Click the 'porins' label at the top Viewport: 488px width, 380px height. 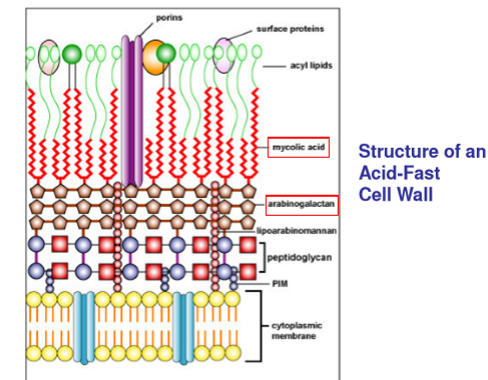[169, 18]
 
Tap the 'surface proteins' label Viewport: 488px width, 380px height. [290, 29]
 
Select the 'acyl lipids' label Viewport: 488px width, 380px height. [311, 65]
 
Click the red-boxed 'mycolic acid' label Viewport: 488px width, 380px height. [298, 147]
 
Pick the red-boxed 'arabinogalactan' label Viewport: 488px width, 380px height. [302, 204]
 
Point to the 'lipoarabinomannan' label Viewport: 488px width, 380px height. [296, 231]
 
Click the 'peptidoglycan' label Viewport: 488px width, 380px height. [299, 257]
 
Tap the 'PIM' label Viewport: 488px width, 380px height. [280, 284]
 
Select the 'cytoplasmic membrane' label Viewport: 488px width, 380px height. [297, 331]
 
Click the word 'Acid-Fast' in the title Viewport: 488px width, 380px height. [399, 173]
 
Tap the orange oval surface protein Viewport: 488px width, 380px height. [154, 57]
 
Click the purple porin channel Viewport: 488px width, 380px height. [132, 111]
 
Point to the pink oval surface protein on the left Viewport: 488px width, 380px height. [49, 57]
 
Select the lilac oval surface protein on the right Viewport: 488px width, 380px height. [224, 55]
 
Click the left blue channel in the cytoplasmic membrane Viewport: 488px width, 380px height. [84, 328]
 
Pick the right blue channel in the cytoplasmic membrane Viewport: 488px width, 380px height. [183, 328]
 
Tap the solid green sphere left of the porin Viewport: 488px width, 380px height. [72, 54]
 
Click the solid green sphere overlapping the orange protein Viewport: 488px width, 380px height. [166, 53]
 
